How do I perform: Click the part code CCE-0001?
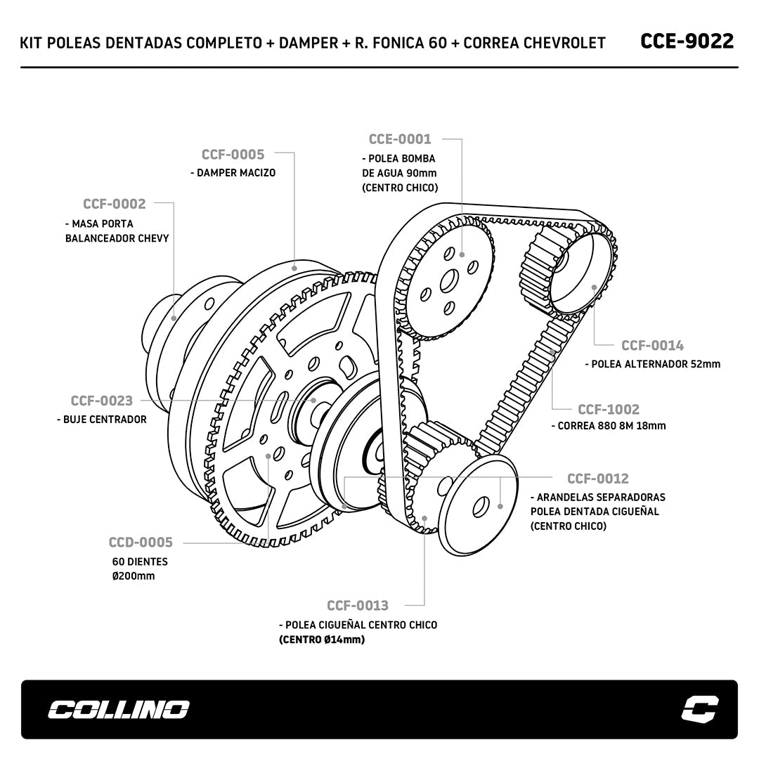(400, 139)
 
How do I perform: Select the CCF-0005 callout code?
(233, 155)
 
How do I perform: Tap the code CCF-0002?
(115, 205)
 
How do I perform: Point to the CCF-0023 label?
(101, 401)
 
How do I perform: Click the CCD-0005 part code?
(141, 543)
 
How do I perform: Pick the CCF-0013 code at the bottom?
(357, 606)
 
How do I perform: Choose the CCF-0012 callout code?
(598, 479)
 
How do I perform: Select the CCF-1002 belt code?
(609, 410)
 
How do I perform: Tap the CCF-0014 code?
(652, 346)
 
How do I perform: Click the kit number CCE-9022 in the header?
(687, 41)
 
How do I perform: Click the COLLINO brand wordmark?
(118, 710)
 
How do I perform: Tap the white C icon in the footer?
(699, 709)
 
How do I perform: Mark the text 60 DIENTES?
(140, 562)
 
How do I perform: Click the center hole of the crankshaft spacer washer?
(481, 505)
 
